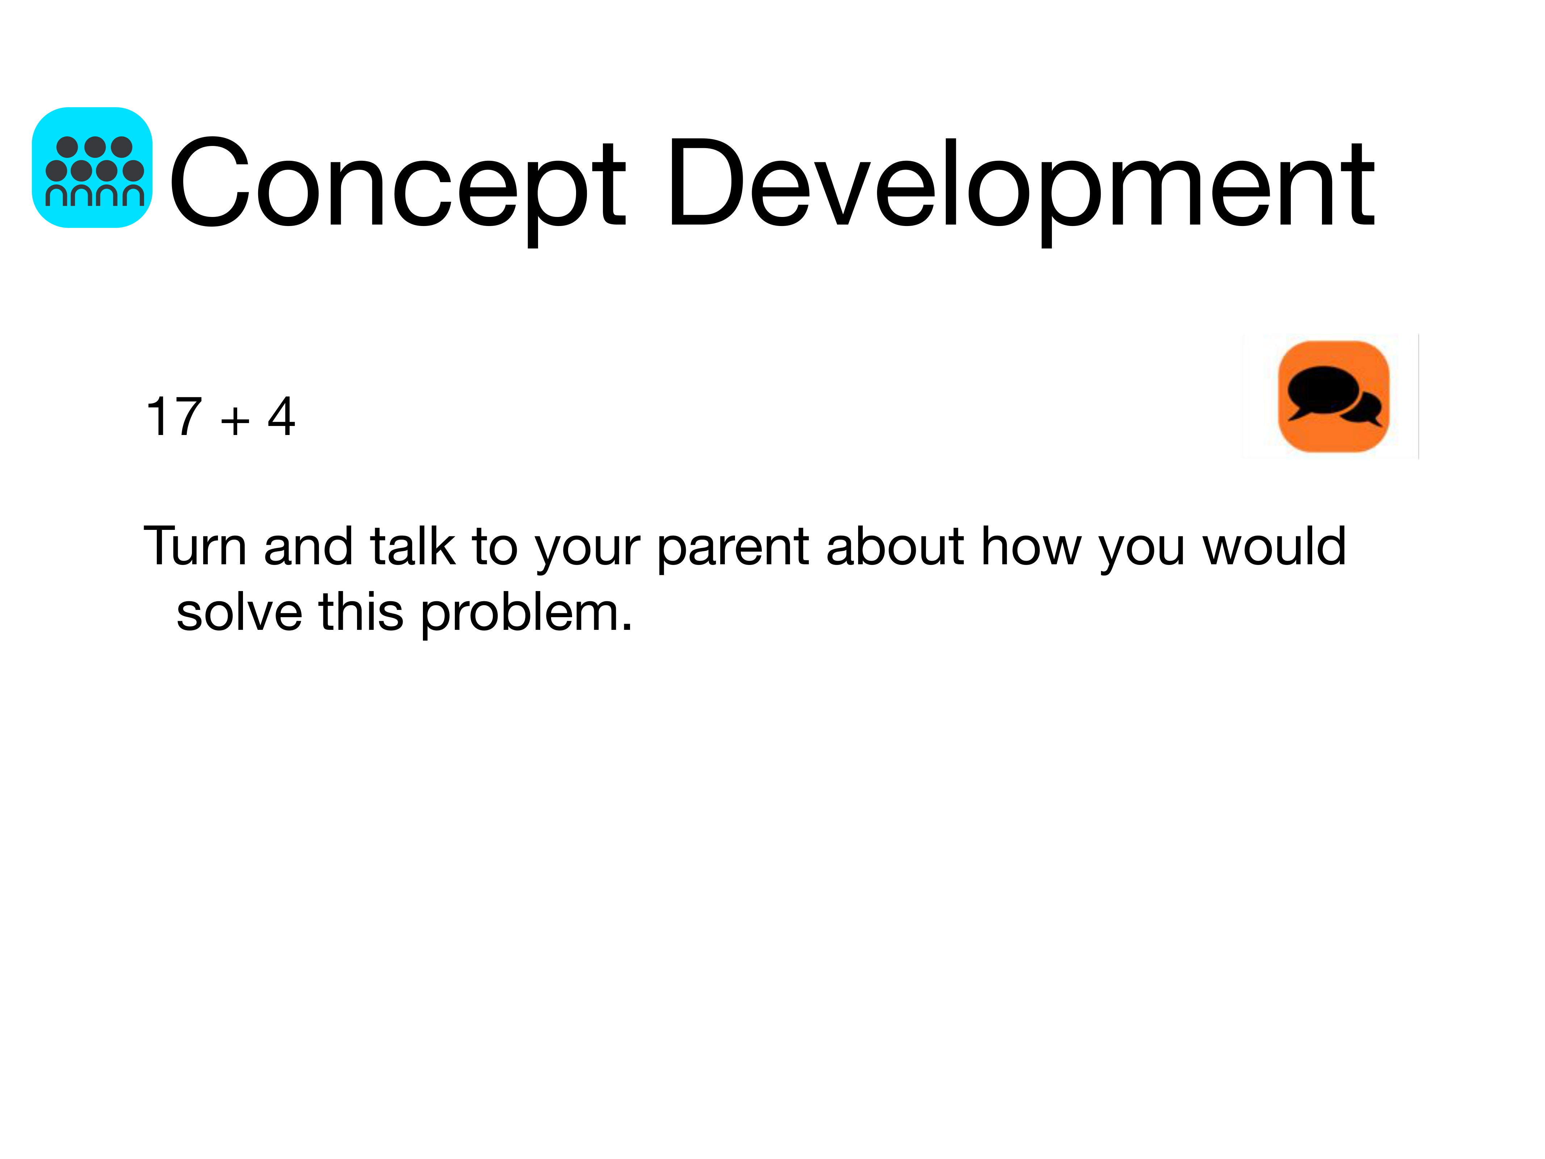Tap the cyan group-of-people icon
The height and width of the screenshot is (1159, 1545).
click(92, 168)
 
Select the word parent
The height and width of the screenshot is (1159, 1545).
click(733, 550)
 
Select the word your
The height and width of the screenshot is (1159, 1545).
click(587, 552)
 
